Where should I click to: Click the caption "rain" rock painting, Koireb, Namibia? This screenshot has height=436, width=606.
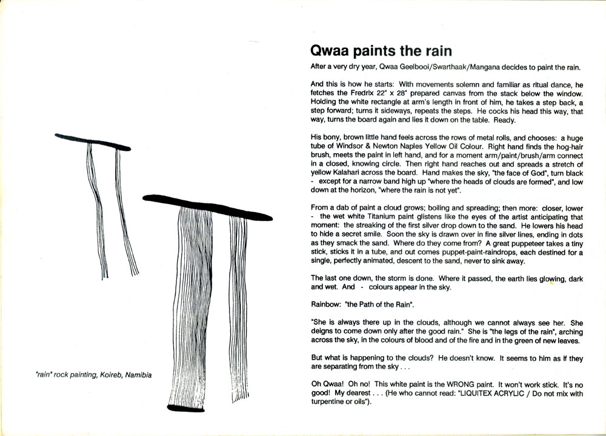(92, 375)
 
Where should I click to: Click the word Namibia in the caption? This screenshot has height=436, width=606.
(137, 375)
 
